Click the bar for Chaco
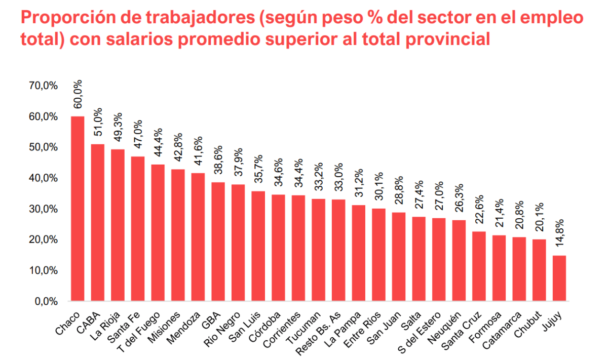(x=78, y=209)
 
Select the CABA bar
(x=98, y=222)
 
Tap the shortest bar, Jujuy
(x=559, y=278)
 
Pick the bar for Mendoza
(x=198, y=237)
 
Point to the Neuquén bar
(x=459, y=260)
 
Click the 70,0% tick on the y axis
(x=44, y=86)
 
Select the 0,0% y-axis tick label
(x=47, y=301)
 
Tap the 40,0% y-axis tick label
(x=44, y=178)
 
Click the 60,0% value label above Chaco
(x=78, y=94)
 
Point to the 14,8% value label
(x=559, y=233)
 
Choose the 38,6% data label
(x=218, y=160)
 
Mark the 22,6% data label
(x=479, y=209)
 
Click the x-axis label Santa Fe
(x=124, y=327)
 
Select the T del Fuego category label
(x=139, y=332)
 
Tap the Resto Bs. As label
(x=318, y=333)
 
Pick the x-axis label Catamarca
(x=502, y=330)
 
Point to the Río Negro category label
(x=222, y=329)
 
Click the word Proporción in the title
(x=70, y=18)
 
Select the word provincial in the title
(x=448, y=39)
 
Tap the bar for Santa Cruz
(x=479, y=266)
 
